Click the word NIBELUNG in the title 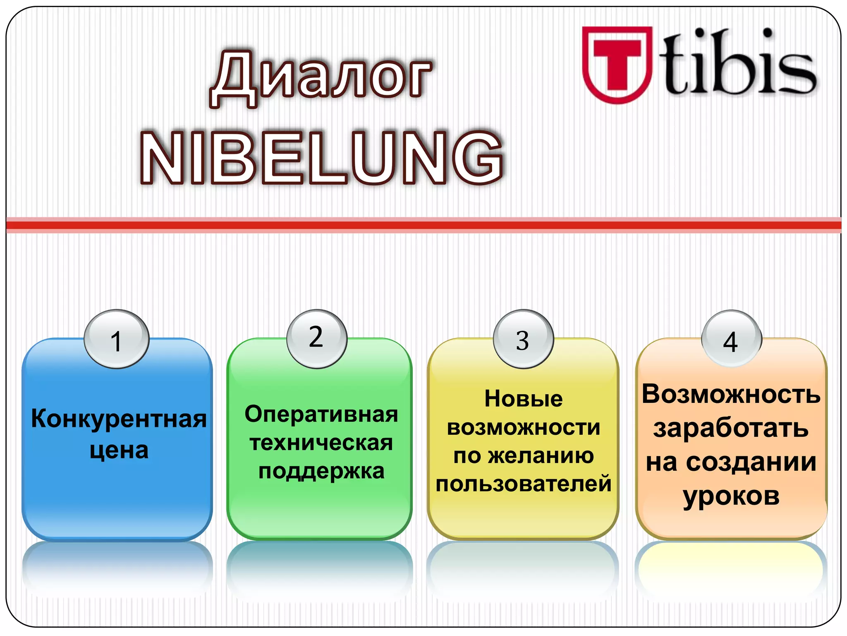coord(322,158)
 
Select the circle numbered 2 coord(316,338)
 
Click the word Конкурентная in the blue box coord(119,419)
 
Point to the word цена coord(119,450)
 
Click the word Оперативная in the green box coord(321,414)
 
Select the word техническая coord(321,443)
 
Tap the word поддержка coord(321,472)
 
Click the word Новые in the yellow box coord(523,399)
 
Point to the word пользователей coord(523,484)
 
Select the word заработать coord(731,428)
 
